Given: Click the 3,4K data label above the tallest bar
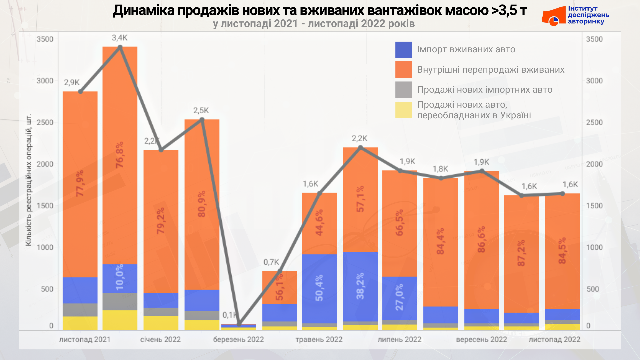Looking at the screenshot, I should coord(120,38).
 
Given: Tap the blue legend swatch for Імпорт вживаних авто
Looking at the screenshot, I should coord(403,50).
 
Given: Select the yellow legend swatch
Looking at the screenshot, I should coord(403,110).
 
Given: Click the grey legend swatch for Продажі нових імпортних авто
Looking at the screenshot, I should coord(403,90).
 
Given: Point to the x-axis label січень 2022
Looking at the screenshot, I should coord(160,340).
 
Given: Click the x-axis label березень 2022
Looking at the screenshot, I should coord(238,340).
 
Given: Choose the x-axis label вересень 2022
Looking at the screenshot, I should coord(481,340).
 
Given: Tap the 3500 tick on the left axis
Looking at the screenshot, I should coord(45,39).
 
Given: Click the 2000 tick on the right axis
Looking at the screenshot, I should coord(594,164).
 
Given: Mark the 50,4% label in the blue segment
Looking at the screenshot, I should coord(319,288).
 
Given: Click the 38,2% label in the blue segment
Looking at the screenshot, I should coord(360,286).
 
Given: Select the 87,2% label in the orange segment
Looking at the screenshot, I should coord(521,253).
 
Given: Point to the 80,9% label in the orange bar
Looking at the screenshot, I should coord(202,204).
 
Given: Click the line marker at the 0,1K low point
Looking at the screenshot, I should coord(239,324).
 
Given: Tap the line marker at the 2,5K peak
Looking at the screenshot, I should coord(202,120).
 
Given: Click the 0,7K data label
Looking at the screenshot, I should coord(271,262).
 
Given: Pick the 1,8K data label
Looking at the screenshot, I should coord(440,169).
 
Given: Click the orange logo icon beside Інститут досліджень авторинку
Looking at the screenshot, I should coord(553,17).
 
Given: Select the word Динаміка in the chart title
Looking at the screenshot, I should coord(144,11).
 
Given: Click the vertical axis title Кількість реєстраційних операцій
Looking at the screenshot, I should coord(29,180).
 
